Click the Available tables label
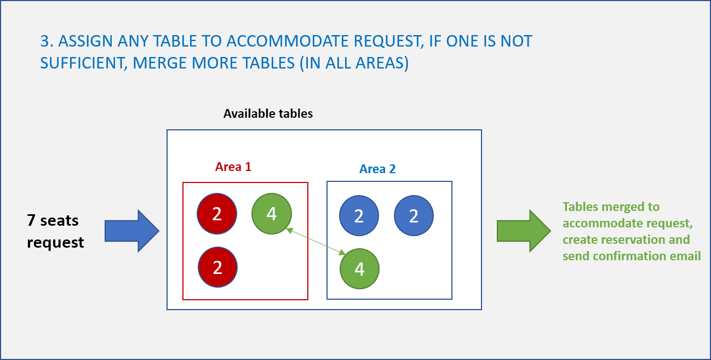268,113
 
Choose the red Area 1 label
233,167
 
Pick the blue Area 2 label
377,169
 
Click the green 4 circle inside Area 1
271,214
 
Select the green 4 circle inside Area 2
359,268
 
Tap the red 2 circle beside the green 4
217,214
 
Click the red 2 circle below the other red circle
217,267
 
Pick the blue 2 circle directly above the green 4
359,215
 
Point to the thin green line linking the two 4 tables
316,242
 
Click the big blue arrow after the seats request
132,231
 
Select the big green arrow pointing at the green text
524,231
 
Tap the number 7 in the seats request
31,220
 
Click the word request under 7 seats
55,243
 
